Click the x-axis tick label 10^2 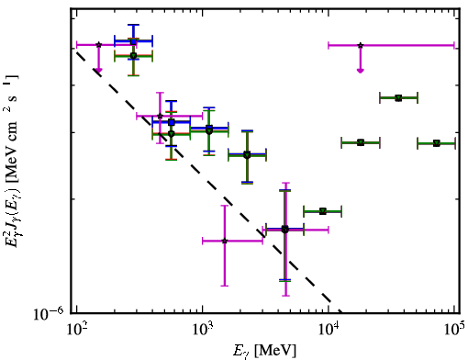click(76, 331)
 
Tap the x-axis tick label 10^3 click(202, 331)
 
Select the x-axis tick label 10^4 click(329, 331)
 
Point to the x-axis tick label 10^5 click(455, 331)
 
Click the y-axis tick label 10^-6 click(49, 313)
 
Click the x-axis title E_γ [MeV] click(264, 351)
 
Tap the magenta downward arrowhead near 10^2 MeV click(98, 71)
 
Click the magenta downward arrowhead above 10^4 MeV click(361, 71)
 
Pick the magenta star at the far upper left click(98, 45)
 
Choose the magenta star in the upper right click(361, 45)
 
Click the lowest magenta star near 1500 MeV click(225, 241)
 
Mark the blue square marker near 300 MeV click(133, 41)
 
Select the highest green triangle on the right click(398, 98)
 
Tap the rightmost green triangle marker click(437, 143)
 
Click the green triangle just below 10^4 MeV click(323, 211)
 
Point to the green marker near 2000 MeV click(247, 155)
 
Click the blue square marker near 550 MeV click(172, 122)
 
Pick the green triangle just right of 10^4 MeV click(361, 142)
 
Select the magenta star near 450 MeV click(160, 116)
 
